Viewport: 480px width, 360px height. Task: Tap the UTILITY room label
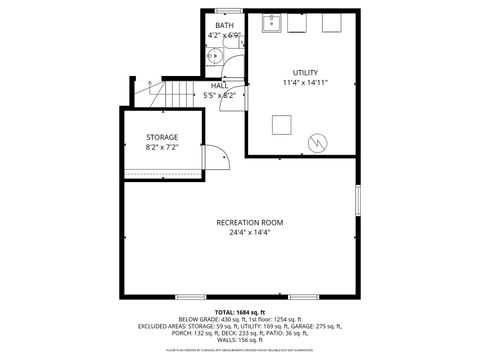point(305,73)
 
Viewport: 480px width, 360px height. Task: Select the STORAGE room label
point(161,137)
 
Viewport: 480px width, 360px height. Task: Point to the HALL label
point(218,86)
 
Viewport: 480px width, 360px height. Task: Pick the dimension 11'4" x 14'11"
point(305,84)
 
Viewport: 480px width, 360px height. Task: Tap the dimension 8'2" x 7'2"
point(161,147)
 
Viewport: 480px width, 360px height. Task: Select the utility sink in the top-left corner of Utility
point(271,24)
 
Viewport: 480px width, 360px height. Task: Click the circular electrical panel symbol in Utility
point(319,142)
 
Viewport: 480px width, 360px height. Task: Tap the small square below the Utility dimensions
point(283,125)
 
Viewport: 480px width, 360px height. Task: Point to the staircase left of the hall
point(180,95)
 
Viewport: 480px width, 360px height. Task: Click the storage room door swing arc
point(217,156)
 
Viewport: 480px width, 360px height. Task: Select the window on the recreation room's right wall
point(357,199)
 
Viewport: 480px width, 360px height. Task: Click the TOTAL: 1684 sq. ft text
point(239,311)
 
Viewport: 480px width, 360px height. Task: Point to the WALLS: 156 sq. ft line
point(239,339)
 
